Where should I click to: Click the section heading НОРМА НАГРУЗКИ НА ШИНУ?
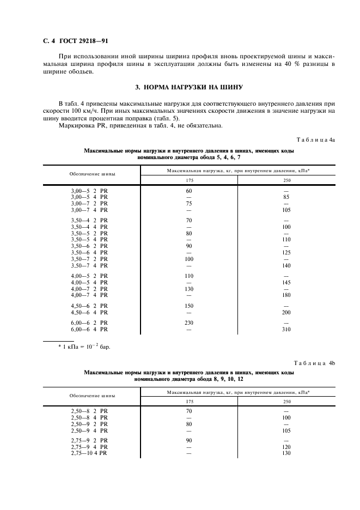(x=188, y=87)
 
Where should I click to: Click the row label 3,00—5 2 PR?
(x=89, y=191)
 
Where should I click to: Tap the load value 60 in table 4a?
(x=190, y=191)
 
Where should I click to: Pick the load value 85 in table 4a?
(x=286, y=197)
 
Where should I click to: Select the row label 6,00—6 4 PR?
(x=89, y=329)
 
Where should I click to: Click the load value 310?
(x=286, y=329)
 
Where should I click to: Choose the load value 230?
(x=190, y=323)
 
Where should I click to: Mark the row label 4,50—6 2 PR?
(x=89, y=306)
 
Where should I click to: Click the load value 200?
(x=286, y=312)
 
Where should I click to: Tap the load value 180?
(x=286, y=295)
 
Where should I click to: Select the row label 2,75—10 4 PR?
(x=89, y=453)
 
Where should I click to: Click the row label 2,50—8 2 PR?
(x=89, y=411)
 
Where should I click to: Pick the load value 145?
(x=286, y=282)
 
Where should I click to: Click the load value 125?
(x=286, y=252)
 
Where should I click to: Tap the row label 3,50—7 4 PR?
(x=89, y=265)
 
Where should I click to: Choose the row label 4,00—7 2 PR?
(x=89, y=288)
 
